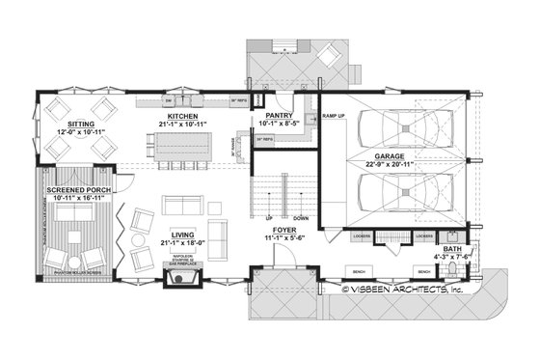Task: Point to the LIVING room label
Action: pyautogui.click(x=183, y=233)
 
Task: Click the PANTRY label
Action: pyautogui.click(x=280, y=115)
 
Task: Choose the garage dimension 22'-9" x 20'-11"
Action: pyautogui.click(x=391, y=164)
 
